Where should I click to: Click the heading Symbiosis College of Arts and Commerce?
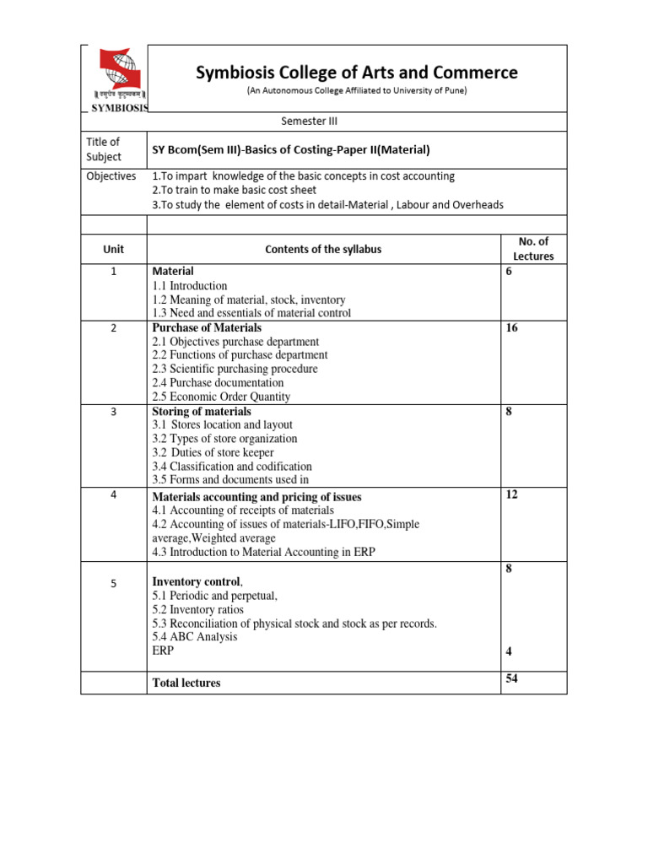point(357,73)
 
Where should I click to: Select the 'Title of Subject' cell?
point(104,149)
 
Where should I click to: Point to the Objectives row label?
point(111,176)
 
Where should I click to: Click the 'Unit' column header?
point(113,250)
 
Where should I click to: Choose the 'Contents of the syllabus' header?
point(323,250)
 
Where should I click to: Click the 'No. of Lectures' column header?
point(533,249)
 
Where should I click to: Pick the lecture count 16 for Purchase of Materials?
point(512,328)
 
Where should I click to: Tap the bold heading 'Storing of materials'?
point(202,412)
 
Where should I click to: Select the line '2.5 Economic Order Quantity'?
point(221,397)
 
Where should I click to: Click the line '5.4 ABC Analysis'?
point(195,637)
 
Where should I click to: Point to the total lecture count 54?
point(512,678)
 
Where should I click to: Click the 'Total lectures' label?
point(186,683)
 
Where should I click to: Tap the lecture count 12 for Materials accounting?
point(511,494)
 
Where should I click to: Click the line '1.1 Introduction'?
point(190,286)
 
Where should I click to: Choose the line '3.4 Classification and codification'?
point(232,466)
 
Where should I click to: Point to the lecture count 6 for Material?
point(509,273)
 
